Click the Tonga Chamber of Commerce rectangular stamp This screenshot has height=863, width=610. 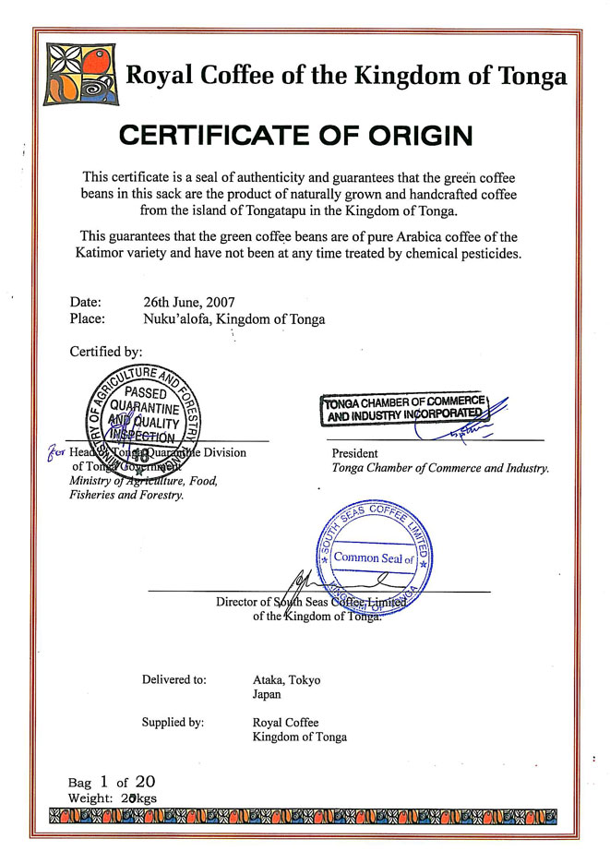403,407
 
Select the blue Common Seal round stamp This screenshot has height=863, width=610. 374,557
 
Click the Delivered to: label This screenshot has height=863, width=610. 173,680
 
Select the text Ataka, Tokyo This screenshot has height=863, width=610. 286,680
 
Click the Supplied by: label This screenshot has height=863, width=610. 173,722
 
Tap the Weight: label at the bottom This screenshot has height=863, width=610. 90,796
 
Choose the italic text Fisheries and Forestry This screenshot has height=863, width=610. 126,495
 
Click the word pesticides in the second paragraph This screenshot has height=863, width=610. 484,253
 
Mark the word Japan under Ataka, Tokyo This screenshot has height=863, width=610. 267,694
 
